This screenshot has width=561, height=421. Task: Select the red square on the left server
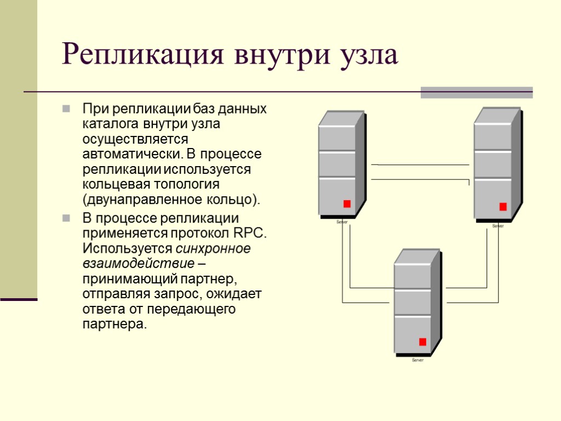tap(347, 204)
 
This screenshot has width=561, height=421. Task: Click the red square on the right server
tap(503, 207)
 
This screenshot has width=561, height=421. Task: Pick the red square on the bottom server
tap(422, 342)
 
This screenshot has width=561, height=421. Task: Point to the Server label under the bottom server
tap(417, 360)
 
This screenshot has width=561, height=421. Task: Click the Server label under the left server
tap(342, 222)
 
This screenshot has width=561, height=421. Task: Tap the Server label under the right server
tap(497, 226)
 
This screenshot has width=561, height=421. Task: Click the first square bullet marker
tap(66, 109)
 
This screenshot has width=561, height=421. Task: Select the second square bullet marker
tap(66, 218)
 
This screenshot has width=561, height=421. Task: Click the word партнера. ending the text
tap(115, 324)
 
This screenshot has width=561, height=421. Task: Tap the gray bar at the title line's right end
tap(476, 93)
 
